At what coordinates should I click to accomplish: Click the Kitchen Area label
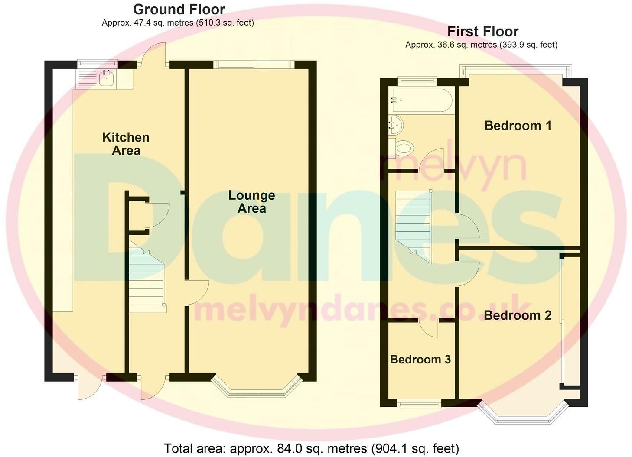[x=126, y=144]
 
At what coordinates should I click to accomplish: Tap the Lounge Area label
[x=251, y=202]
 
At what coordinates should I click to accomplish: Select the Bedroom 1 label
[x=518, y=126]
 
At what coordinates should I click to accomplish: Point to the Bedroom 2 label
[x=518, y=315]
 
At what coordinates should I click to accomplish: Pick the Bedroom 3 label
[x=420, y=360]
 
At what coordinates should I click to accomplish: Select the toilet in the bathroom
[x=402, y=148]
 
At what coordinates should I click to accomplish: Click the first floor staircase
[x=414, y=225]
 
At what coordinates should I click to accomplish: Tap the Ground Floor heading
[x=179, y=9]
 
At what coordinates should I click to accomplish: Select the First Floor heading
[x=482, y=32]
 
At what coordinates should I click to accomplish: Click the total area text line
[x=311, y=448]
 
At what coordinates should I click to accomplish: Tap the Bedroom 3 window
[x=419, y=404]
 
